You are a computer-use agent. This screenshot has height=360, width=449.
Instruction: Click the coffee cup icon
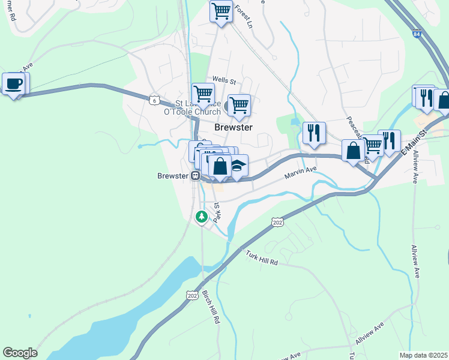pyautogui.click(x=13, y=84)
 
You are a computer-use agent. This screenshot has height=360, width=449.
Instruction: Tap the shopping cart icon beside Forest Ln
pyautogui.click(x=221, y=11)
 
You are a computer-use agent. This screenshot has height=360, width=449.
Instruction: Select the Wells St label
pyautogui.click(x=224, y=80)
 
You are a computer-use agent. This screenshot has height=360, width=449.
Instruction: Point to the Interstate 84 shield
pyautogui.click(x=417, y=34)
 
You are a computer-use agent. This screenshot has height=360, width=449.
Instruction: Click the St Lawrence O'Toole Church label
pyautogui.click(x=188, y=107)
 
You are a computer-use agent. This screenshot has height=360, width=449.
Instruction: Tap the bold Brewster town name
pyautogui.click(x=233, y=127)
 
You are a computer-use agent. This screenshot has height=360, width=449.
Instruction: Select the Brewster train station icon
pyautogui.click(x=195, y=176)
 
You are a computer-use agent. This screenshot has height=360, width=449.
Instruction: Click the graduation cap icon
pyautogui.click(x=238, y=166)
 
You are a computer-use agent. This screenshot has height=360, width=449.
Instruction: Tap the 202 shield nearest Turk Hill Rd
pyautogui.click(x=277, y=222)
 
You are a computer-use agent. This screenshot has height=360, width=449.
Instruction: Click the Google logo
pyautogui.click(x=20, y=353)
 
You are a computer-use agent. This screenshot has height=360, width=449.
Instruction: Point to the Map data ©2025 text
pyautogui.click(x=423, y=355)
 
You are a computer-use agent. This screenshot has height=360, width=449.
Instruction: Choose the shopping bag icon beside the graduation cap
pyautogui.click(x=220, y=166)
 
